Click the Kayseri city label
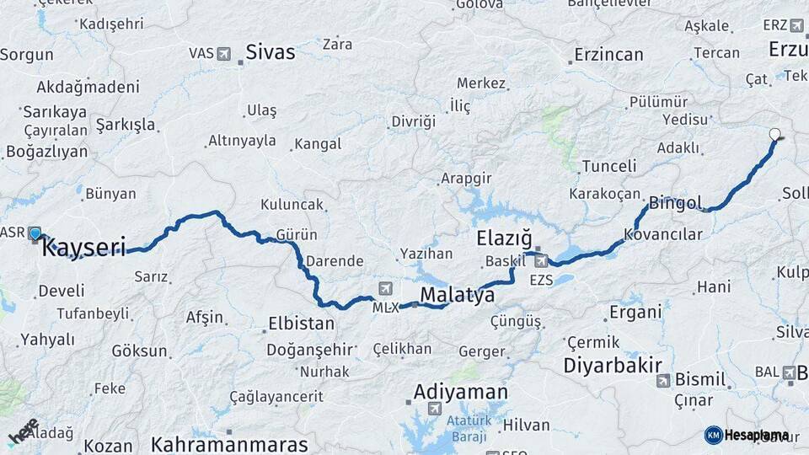[83, 248]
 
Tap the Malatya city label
[457, 295]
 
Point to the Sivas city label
[270, 52]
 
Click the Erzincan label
[608, 55]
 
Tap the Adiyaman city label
[460, 393]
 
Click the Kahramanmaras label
[229, 443]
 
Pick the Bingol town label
[675, 203]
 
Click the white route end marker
[775, 133]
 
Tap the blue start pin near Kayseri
[35, 233]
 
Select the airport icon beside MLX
[386, 288]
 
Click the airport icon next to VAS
[223, 54]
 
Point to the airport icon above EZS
[540, 260]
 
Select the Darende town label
[335, 261]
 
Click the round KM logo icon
[713, 435]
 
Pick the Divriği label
[413, 122]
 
